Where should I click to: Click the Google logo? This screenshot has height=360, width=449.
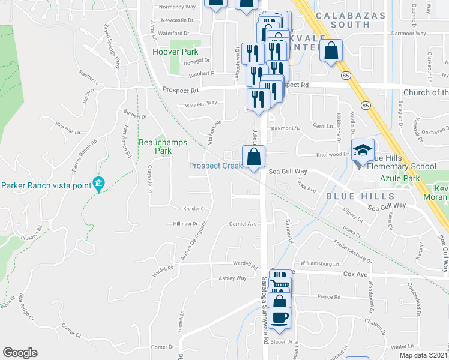(20, 353)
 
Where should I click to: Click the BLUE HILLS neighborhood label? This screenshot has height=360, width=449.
(360, 196)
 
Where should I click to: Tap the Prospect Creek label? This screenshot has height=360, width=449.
(215, 166)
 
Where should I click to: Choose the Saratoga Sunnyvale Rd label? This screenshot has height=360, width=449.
(265, 310)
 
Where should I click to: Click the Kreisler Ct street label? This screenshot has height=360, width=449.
(194, 209)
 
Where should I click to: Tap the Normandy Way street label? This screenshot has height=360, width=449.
(177, 8)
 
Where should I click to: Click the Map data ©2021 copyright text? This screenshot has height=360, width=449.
(424, 355)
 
